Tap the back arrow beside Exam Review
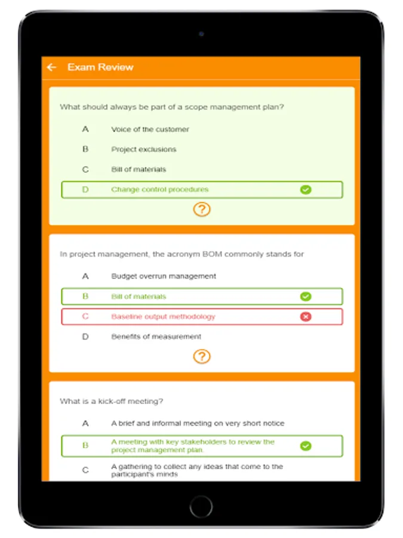click(x=52, y=67)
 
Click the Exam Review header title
click(x=100, y=67)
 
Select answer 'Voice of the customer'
click(x=150, y=129)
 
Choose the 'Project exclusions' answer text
click(x=143, y=149)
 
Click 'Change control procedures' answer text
click(x=159, y=189)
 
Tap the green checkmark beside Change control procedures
click(x=306, y=189)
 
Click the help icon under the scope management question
click(x=202, y=210)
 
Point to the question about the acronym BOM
click(x=181, y=254)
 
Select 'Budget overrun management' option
click(x=164, y=276)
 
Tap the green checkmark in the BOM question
click(x=306, y=296)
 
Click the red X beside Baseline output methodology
click(x=306, y=317)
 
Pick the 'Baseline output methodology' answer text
click(x=163, y=317)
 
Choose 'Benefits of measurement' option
click(x=156, y=337)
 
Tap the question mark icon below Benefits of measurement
click(x=202, y=357)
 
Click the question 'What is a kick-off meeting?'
click(x=112, y=401)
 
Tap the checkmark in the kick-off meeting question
click(x=306, y=446)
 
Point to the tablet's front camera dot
click(x=201, y=34)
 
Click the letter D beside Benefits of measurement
click(x=85, y=337)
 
